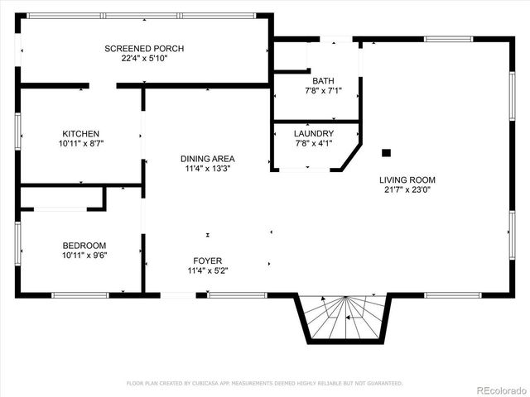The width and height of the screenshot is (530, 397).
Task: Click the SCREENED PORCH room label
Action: coord(144,49)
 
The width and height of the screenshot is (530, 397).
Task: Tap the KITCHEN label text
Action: coord(81,134)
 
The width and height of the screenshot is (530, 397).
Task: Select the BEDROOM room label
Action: coord(84,246)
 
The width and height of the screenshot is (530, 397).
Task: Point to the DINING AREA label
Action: coord(208,159)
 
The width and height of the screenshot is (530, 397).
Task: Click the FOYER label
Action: coord(208,261)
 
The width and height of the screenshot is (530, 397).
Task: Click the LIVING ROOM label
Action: coord(407,179)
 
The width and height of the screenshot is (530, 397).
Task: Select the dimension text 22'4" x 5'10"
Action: coord(144,58)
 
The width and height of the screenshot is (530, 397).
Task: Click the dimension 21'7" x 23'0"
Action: coord(407,189)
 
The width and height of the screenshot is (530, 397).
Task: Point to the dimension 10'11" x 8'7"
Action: coord(81,143)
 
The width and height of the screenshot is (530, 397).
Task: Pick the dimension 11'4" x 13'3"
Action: coord(208,169)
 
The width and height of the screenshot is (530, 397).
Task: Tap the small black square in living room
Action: coord(385,152)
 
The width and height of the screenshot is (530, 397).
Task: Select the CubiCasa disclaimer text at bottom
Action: coord(264,383)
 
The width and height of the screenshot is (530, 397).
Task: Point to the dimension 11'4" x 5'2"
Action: coord(208,270)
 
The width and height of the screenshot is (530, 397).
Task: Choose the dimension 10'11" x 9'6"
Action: coord(84,255)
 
